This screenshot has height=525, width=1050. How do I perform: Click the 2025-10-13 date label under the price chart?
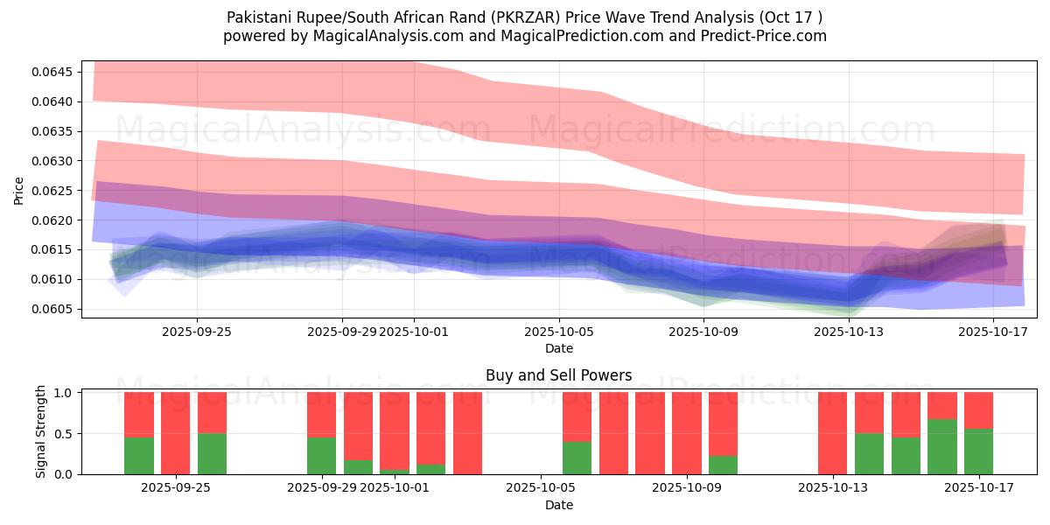849,332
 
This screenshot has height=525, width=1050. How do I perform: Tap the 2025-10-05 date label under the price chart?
559,332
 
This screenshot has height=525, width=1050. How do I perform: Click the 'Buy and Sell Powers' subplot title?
558,375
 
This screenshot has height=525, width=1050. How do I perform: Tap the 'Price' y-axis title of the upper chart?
19,191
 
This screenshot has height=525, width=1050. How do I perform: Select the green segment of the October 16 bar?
942,446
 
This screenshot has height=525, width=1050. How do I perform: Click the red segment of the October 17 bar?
979,409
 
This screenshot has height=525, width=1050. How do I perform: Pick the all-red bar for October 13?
833,433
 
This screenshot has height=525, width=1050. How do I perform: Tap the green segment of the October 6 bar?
577,458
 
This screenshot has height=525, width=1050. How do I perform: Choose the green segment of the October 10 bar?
724,465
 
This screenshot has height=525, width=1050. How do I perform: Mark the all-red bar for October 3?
468,433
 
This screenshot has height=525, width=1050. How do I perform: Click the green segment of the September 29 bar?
322,455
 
